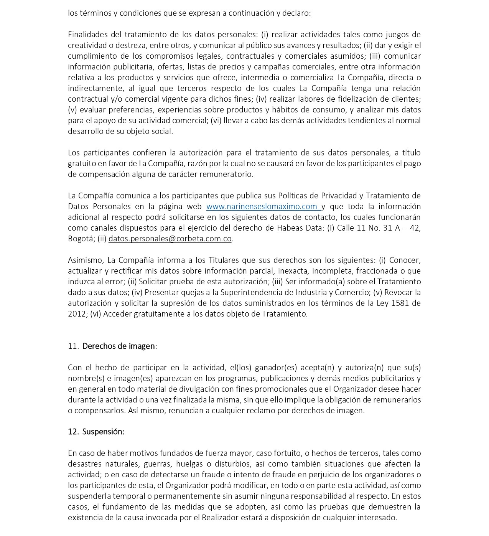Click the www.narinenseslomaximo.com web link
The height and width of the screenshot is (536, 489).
pyautogui.click(x=263, y=206)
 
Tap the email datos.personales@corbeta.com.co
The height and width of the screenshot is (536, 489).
pyautogui.click(x=170, y=239)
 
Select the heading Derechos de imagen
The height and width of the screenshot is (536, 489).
pyautogui.click(x=119, y=346)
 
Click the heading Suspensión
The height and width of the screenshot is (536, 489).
pyautogui.click(x=103, y=432)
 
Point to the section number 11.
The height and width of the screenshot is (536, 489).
pyautogui.click(x=73, y=346)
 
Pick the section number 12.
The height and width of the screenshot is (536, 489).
pyautogui.click(x=73, y=432)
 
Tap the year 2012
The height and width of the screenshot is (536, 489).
pyautogui.click(x=77, y=314)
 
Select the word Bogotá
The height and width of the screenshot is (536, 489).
pyautogui.click(x=81, y=239)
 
